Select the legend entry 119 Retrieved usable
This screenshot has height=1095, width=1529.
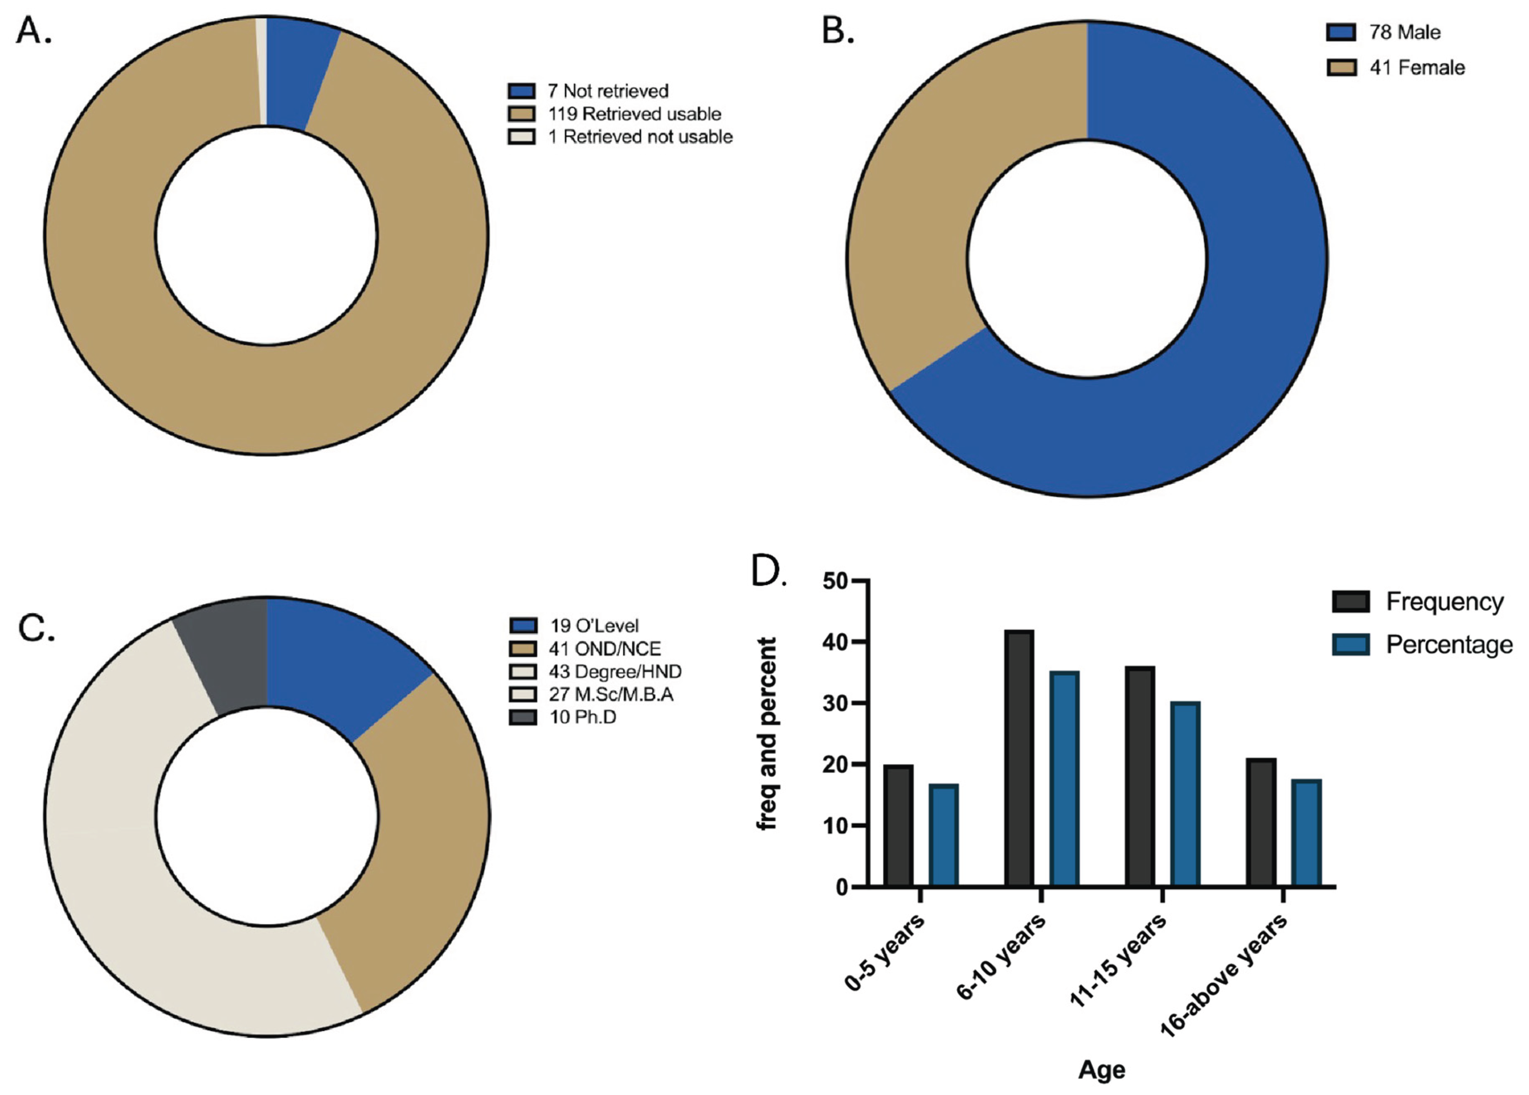click(x=633, y=114)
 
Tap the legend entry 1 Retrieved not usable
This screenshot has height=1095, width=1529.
click(x=639, y=137)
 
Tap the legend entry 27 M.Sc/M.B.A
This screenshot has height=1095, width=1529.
click(x=610, y=694)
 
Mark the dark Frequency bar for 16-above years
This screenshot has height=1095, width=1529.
click(x=1261, y=822)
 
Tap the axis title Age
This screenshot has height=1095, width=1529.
click(x=1101, y=1069)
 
